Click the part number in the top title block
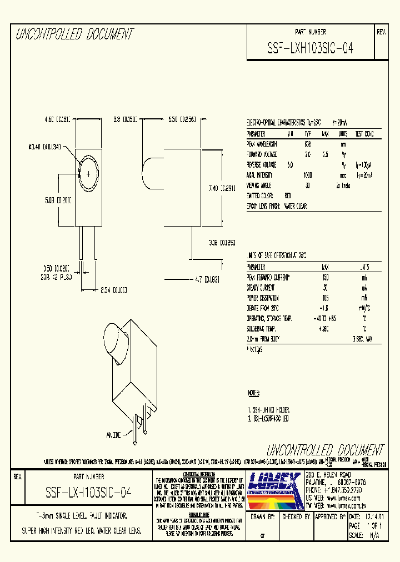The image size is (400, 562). (x=310, y=48)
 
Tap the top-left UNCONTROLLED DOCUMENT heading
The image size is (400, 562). (x=74, y=34)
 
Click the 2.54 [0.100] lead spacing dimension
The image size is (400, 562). (x=113, y=290)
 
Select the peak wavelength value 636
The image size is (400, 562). (x=308, y=144)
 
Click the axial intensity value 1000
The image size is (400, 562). (x=308, y=175)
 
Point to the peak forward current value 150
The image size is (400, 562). (x=326, y=277)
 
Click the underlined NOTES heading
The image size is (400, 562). (x=253, y=393)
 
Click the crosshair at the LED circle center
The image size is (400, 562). (x=88, y=174)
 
